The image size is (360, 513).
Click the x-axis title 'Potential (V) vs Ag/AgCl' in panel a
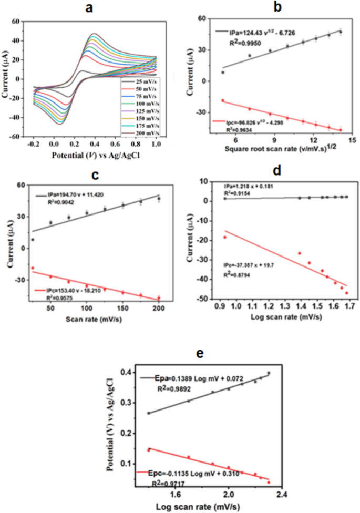point(95,156)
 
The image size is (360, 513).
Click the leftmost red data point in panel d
point(225,237)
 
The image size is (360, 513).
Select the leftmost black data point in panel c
point(33,240)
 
